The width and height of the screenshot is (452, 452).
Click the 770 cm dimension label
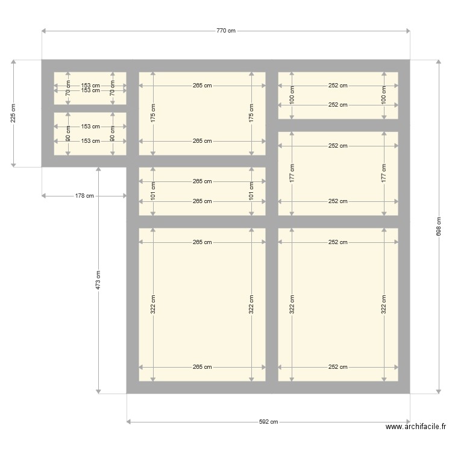point(226,30)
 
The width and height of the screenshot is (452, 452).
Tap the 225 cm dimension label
point(13,113)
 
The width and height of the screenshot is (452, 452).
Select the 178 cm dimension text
point(85,195)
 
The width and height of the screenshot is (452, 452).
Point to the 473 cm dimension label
point(98,280)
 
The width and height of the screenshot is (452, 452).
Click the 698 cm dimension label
point(438,226)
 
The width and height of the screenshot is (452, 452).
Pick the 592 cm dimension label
point(269,422)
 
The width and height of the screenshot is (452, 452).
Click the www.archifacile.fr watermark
point(416,427)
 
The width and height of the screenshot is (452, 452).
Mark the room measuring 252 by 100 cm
point(337,95)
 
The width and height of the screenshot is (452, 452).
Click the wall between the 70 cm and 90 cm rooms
point(90,108)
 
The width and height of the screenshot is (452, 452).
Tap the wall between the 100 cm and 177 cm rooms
point(337,125)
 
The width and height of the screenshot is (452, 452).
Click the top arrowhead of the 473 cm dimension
point(98,169)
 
